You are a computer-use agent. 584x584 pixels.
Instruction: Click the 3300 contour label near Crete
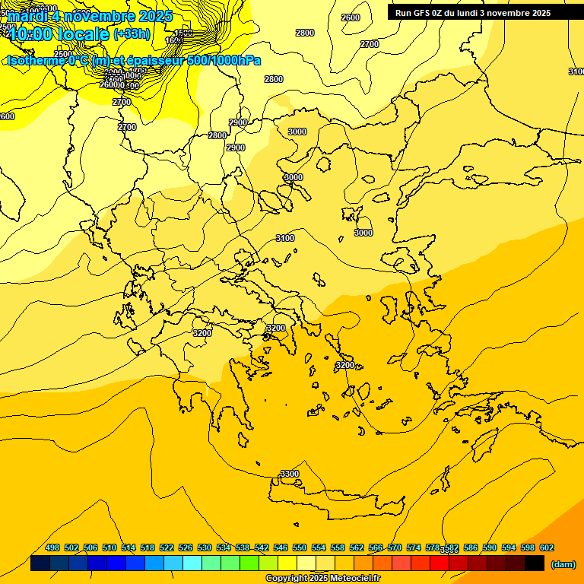(x=290, y=474)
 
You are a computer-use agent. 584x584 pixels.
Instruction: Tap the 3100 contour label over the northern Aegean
(x=285, y=238)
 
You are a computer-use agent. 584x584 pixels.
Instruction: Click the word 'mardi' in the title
(x=28, y=16)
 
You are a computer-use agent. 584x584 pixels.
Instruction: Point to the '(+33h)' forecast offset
(x=132, y=34)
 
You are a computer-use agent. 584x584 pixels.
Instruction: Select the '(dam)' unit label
(x=562, y=563)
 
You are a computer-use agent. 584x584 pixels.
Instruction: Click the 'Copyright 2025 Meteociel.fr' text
(x=322, y=579)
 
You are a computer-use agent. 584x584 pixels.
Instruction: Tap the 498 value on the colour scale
(x=52, y=547)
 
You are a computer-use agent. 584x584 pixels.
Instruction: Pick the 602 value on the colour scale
(x=546, y=547)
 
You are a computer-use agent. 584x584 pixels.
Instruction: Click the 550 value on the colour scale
(x=300, y=547)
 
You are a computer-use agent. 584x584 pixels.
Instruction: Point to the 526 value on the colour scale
(x=186, y=547)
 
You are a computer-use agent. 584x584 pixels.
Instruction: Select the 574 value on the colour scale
(x=414, y=547)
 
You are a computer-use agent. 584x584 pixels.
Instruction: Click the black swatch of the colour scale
(x=535, y=563)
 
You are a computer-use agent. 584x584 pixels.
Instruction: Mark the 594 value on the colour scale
(x=509, y=547)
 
